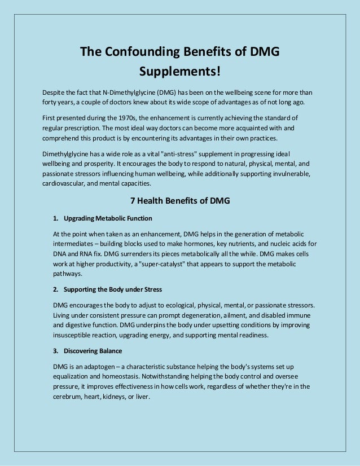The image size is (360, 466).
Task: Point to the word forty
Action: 51,102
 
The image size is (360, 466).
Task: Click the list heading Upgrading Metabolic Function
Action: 108,218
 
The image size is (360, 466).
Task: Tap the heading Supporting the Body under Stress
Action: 113,289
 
